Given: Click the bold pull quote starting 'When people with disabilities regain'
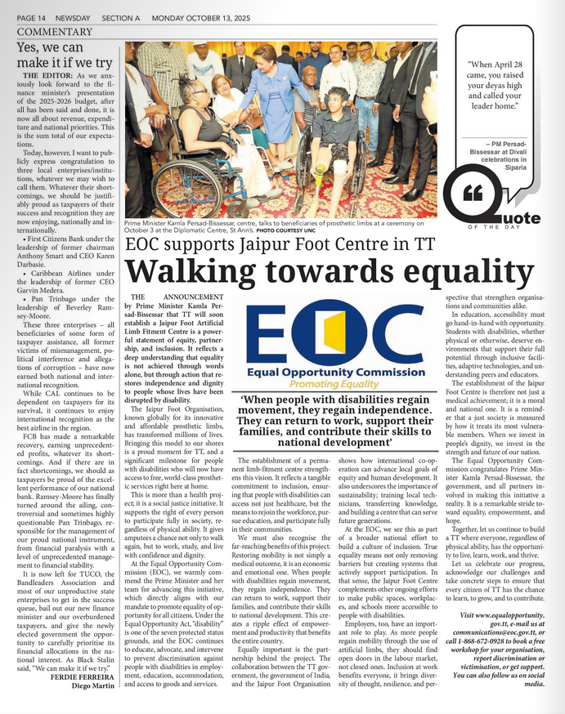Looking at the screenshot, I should [336, 420].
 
